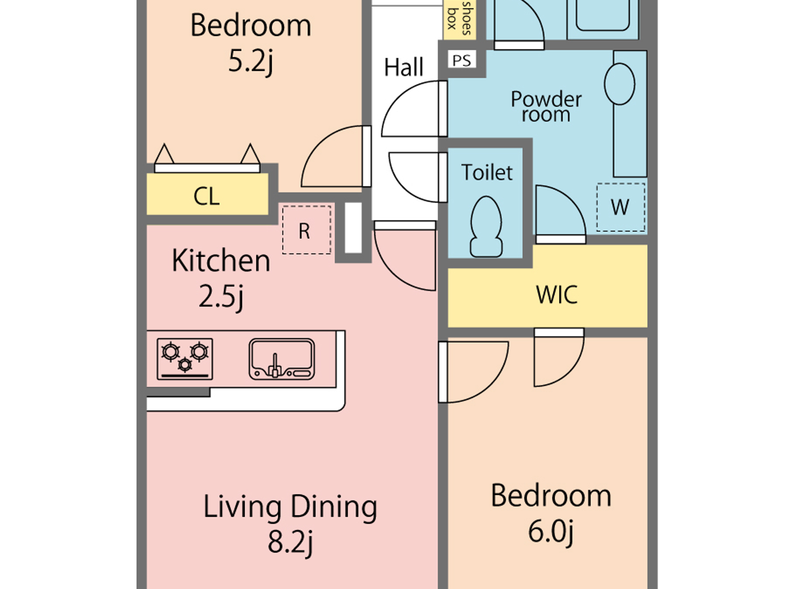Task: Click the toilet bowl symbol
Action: [x=486, y=227]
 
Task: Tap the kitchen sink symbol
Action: [x=282, y=359]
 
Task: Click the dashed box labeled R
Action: [x=306, y=230]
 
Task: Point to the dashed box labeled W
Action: [x=620, y=207]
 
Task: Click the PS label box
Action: [x=461, y=60]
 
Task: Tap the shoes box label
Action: [x=459, y=19]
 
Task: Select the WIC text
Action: [x=556, y=294]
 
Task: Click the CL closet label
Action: [x=206, y=196]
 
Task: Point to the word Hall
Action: [x=403, y=67]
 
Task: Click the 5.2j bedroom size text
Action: [x=250, y=61]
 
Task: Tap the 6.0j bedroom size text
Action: [x=551, y=531]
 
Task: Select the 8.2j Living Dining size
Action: [x=290, y=541]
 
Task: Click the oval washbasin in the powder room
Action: [x=619, y=84]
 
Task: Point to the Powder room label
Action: [x=546, y=107]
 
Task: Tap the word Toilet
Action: [x=487, y=172]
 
